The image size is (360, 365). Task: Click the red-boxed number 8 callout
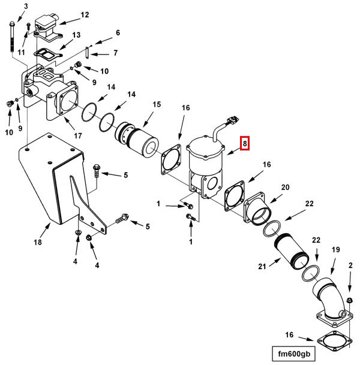click(x=244, y=144)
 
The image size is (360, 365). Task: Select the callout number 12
click(x=85, y=14)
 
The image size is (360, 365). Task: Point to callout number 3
click(x=25, y=6)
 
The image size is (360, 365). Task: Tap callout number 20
click(x=286, y=188)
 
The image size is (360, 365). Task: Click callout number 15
click(x=157, y=104)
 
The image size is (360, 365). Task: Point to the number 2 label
click(x=350, y=264)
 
